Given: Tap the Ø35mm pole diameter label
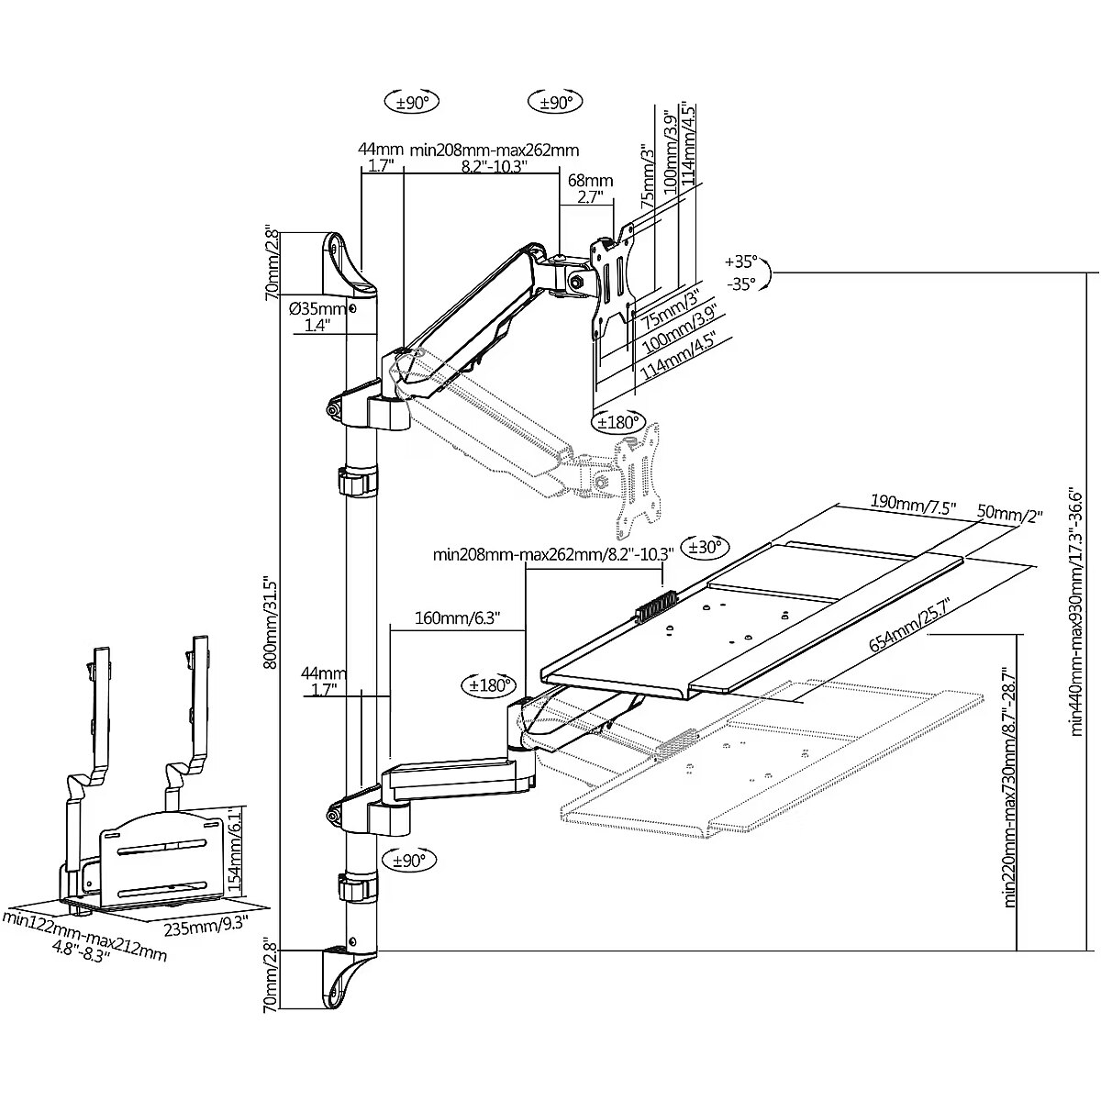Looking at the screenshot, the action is (317, 309).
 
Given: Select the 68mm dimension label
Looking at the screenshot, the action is (590, 181).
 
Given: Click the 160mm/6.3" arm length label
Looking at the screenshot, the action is (457, 617).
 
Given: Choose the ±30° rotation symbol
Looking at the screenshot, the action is (705, 547).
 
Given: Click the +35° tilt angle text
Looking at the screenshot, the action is (740, 261).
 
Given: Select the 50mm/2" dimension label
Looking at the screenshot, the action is (1009, 513).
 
